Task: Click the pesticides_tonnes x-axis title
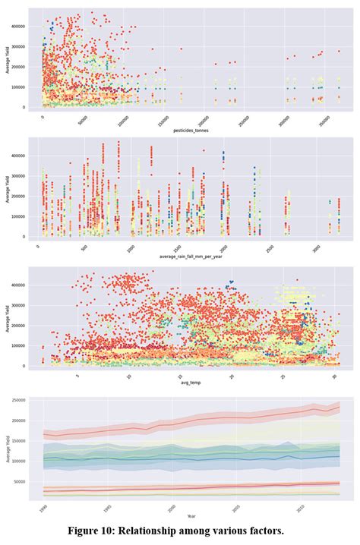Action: [191, 131]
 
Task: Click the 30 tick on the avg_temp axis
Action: [334, 376]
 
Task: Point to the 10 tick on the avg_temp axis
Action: [128, 376]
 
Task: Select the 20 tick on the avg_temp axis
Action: [232, 376]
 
